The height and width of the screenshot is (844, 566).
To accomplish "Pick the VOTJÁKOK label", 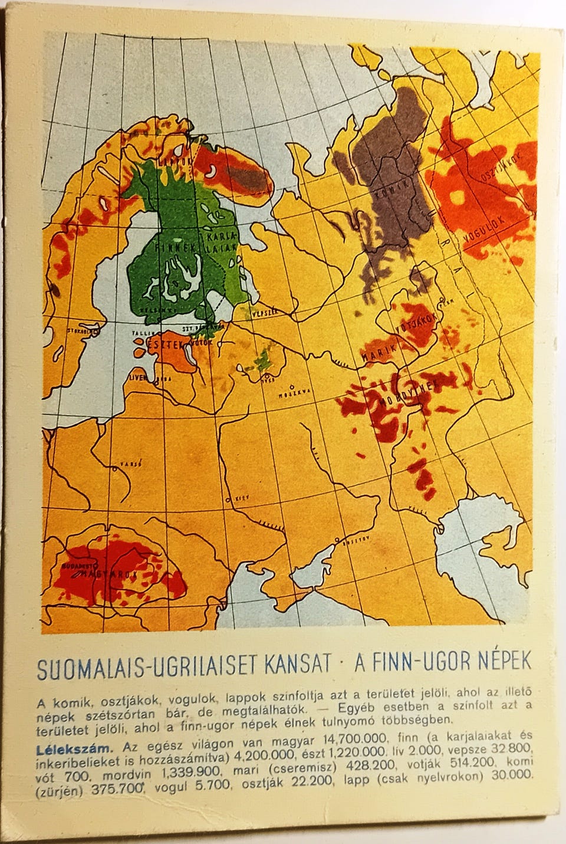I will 419,322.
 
